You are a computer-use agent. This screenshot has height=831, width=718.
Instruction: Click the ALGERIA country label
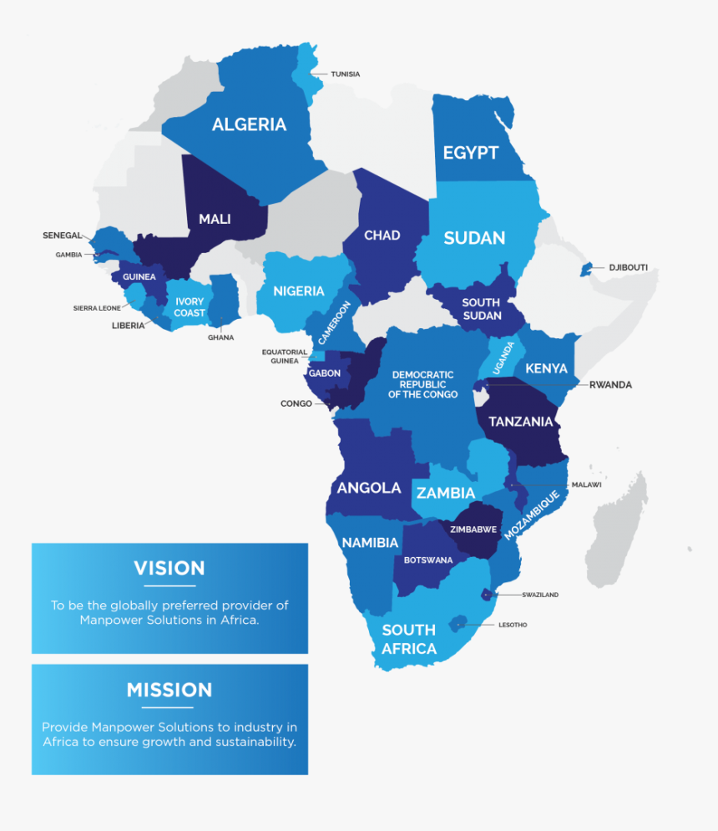coord(249,124)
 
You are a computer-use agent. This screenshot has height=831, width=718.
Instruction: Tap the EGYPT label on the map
coord(470,153)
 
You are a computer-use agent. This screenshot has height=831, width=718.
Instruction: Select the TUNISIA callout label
coord(345,74)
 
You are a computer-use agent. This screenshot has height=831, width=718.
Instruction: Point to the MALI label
coord(215,220)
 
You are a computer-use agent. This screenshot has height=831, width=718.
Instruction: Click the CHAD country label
coord(382,236)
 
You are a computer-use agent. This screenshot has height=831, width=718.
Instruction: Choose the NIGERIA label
coord(299,291)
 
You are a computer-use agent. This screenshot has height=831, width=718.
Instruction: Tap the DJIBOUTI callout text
coord(628,268)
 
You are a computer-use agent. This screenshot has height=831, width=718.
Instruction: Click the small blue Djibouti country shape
coord(587,269)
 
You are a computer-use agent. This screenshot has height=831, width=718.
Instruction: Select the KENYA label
coord(546,368)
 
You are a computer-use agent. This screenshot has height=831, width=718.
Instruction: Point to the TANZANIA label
coord(521,422)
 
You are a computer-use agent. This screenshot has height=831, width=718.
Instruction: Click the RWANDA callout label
coord(610,385)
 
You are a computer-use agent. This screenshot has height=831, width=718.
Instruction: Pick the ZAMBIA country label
coord(446,493)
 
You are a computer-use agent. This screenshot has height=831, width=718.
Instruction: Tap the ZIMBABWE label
coord(473,530)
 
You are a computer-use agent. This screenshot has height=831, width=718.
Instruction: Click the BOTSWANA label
coord(428,560)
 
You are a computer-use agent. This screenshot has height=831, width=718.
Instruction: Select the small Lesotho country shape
coord(457,624)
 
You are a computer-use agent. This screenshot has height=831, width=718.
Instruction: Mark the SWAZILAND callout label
coord(540,595)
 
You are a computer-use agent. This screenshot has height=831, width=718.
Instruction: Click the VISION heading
coord(169,568)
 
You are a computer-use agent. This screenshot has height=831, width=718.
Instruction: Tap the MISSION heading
coord(169,690)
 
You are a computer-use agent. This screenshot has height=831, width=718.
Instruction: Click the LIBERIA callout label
coord(128,326)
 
